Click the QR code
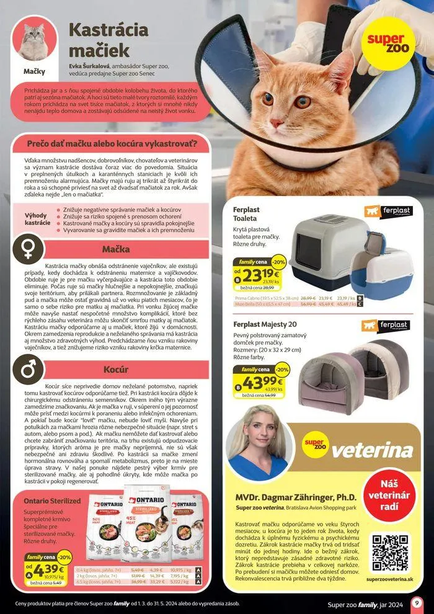pyautogui.click(x=389, y=549)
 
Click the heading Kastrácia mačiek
pyautogui.click(x=108, y=39)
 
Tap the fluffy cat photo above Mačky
pyautogui.click(x=35, y=41)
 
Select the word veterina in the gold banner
pyautogui.click(x=373, y=449)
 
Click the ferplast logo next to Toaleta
pyautogui.click(x=388, y=211)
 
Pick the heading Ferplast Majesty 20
pyautogui.click(x=265, y=324)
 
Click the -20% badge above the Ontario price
pyautogui.click(x=64, y=556)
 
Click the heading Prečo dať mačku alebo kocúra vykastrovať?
pyautogui.click(x=112, y=145)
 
